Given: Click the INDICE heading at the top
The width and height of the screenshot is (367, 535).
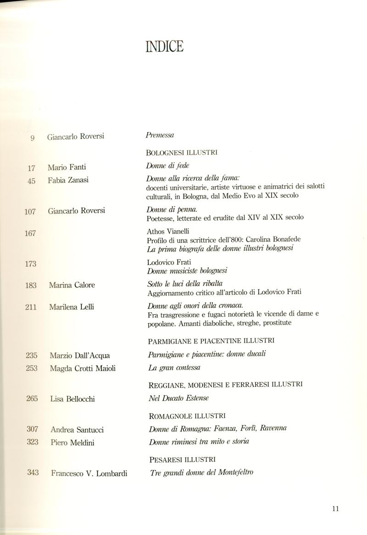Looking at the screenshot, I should coord(164,46).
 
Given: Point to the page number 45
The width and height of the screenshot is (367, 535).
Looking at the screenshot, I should coord(32,181).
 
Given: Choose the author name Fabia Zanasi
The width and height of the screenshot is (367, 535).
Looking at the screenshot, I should coord(68,180).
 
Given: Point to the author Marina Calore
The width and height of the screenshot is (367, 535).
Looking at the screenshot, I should coord(72,285).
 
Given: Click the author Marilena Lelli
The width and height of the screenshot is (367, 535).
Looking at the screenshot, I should coord(71,307).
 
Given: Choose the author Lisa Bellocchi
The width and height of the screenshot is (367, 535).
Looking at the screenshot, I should coord(72,399).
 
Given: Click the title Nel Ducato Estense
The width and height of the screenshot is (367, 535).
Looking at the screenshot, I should coord(178,399).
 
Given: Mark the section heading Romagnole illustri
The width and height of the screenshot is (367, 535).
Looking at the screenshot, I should coord(187,416).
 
